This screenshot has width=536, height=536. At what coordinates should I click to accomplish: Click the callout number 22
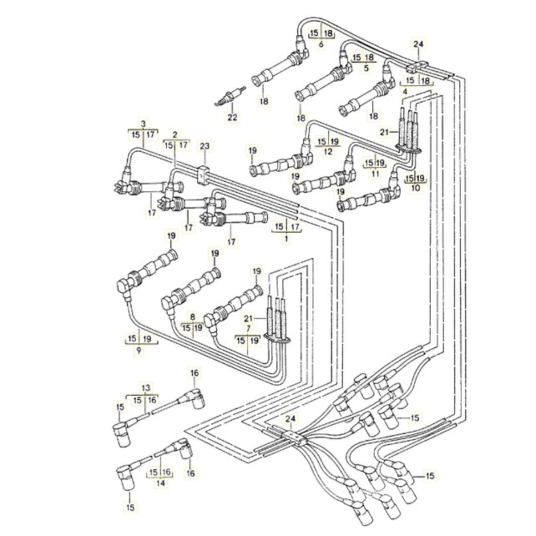[232, 118]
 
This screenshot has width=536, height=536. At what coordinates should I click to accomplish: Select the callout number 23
[205, 147]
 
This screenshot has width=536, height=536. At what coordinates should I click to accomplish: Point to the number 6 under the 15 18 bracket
[321, 44]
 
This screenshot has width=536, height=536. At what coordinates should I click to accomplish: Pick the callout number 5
[366, 68]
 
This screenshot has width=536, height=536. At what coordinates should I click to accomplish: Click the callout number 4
[404, 91]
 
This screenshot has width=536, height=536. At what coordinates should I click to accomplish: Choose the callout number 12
[327, 152]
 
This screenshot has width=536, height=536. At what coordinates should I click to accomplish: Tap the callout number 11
[375, 173]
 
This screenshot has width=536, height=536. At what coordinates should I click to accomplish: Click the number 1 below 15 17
[287, 238]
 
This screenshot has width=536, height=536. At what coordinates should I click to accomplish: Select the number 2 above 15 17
[174, 135]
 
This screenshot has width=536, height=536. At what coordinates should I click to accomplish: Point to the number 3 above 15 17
[143, 123]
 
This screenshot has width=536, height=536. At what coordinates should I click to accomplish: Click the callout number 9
[139, 350]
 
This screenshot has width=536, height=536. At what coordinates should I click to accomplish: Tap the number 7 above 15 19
[247, 329]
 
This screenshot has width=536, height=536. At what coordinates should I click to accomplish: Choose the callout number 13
[147, 388]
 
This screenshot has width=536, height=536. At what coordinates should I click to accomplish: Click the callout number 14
[160, 482]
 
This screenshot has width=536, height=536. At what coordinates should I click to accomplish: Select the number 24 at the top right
[419, 44]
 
